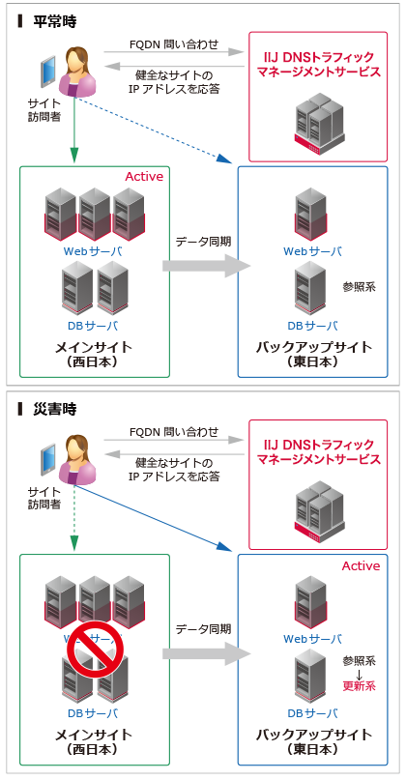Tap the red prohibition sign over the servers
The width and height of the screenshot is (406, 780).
coord(95,658)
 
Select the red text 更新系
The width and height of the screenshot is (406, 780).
coord(359,684)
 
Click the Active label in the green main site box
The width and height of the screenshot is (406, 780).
coord(144,177)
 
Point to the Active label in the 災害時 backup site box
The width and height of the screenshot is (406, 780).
coord(361,565)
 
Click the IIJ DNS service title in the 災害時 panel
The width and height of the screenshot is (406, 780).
coord(318,451)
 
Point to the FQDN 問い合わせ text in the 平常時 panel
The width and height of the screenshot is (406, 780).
coord(174,44)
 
